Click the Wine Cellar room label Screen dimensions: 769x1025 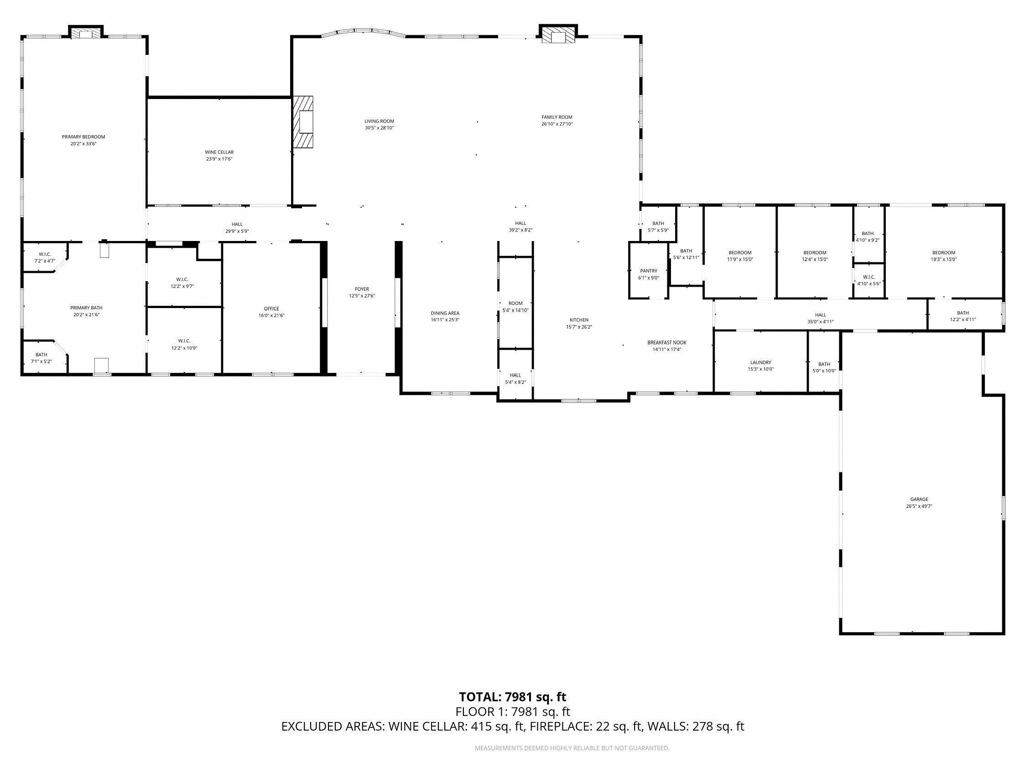219,152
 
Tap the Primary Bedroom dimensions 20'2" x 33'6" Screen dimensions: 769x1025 83,144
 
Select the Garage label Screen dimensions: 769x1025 919,499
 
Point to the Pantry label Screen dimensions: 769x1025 648,271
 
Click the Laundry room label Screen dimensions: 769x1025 760,362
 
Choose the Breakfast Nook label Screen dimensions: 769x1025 666,343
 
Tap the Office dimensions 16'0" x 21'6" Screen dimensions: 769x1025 271,316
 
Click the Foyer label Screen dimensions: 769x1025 362,289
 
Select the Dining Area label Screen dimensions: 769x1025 445,313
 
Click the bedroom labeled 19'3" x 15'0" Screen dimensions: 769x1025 943,256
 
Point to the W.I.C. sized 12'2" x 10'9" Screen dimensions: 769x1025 184,344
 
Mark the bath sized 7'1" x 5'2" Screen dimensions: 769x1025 41,357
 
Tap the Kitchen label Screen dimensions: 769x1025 579,320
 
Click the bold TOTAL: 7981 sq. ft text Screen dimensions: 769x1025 513,697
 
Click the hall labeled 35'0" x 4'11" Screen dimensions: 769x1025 820,318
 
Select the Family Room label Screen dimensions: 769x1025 557,117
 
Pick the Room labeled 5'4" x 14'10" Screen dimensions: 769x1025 515,306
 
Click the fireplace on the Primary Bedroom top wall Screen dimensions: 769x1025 86,32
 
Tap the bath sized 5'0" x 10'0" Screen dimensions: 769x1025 824,367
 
